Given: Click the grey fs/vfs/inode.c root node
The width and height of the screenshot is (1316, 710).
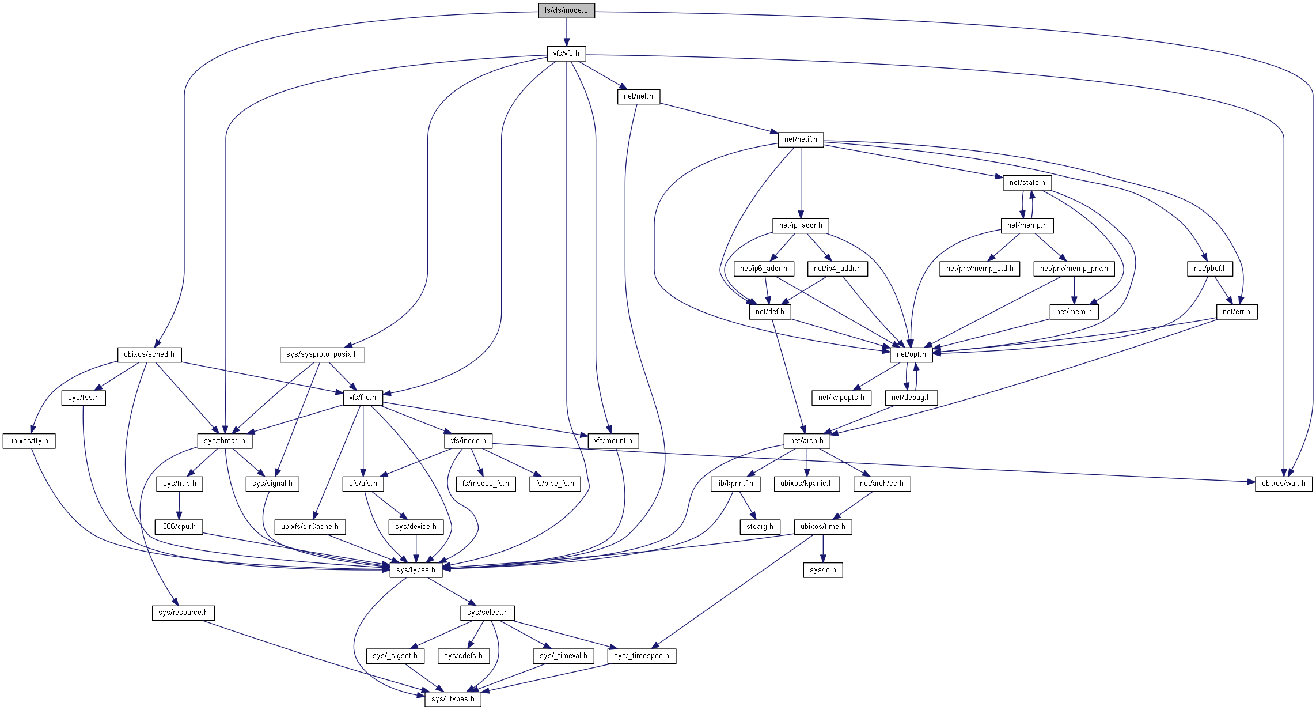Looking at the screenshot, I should pyautogui.click(x=566, y=10).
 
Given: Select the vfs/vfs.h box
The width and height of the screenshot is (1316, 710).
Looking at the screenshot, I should pyautogui.click(x=566, y=54).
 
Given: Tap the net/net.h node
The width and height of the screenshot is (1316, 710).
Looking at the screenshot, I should pyautogui.click(x=638, y=96).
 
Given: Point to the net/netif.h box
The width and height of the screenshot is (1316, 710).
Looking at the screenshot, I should pyautogui.click(x=801, y=139).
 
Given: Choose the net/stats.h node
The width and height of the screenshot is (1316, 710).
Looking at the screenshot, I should pyautogui.click(x=1027, y=183).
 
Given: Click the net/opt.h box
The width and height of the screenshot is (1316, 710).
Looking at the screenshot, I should pyautogui.click(x=911, y=354).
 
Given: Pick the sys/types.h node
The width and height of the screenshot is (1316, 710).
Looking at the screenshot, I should pyautogui.click(x=416, y=570).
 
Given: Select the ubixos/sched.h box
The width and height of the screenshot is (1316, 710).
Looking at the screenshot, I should pyautogui.click(x=149, y=354).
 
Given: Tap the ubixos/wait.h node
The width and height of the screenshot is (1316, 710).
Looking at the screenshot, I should pyautogui.click(x=1284, y=484).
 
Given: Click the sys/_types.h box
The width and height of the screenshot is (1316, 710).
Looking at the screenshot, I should pyautogui.click(x=453, y=699).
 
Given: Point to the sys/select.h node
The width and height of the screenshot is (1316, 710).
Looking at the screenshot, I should pyautogui.click(x=487, y=613).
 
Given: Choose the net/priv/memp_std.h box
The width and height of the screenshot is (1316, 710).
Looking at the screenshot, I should pyautogui.click(x=980, y=269).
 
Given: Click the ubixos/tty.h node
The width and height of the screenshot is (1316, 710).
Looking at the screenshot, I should pyautogui.click(x=29, y=441).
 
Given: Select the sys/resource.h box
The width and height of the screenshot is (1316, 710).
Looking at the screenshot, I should pyautogui.click(x=183, y=613).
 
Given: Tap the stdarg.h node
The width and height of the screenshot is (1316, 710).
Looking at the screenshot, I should pyautogui.click(x=760, y=527).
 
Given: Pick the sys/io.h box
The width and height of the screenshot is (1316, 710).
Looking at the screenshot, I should pyautogui.click(x=823, y=570).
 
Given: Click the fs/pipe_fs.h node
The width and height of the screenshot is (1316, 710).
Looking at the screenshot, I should pyautogui.click(x=555, y=484).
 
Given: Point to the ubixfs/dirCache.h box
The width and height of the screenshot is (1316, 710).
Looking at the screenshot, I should pyautogui.click(x=310, y=527).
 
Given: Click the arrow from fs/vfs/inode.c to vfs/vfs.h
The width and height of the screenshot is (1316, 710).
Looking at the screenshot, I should pyautogui.click(x=566, y=32).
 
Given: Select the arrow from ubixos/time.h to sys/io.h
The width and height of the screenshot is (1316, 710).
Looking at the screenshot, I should pyautogui.click(x=823, y=548).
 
